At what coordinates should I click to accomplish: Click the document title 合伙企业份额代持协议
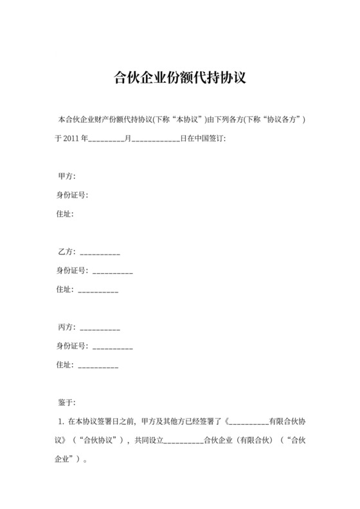[180, 78]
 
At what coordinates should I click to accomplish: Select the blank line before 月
[105, 139]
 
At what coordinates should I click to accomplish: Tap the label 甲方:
[66, 176]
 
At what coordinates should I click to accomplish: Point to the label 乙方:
[66, 252]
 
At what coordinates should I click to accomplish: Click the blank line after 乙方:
[100, 253]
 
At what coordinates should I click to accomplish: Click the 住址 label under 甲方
[66, 213]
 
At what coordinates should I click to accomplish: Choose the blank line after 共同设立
[183, 442]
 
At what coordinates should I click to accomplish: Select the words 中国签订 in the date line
[210, 138]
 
